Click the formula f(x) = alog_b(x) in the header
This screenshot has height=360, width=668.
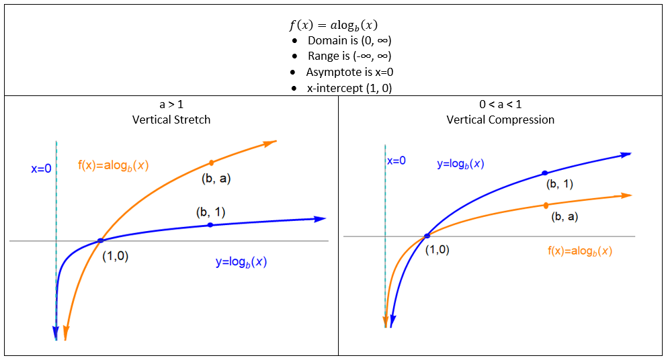[x=333, y=26]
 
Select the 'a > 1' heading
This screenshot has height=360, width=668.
[x=171, y=105]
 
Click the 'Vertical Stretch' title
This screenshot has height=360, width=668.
[x=171, y=120]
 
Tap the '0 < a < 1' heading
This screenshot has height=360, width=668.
[x=501, y=105]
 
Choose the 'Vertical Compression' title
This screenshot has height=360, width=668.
[x=501, y=120]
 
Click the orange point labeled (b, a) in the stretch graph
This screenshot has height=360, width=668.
[x=211, y=163]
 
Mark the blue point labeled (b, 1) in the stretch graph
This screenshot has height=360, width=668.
[x=210, y=225]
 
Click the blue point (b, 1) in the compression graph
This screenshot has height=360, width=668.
[x=545, y=173]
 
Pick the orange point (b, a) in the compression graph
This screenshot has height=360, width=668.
[x=546, y=205]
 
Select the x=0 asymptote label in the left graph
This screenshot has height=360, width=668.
[x=41, y=169]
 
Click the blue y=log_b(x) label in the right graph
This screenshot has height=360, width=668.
[x=460, y=163]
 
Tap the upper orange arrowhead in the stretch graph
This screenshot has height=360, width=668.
[x=270, y=142]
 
